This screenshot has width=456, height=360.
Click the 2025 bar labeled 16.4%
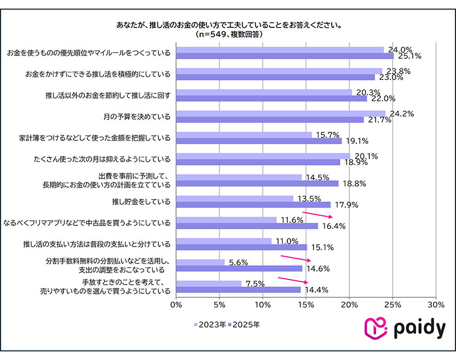point(247,226)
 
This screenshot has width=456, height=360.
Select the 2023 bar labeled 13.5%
point(235,199)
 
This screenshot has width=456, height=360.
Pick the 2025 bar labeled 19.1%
point(259,140)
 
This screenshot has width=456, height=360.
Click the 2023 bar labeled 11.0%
point(224,241)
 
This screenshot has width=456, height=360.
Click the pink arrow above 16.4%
point(317,215)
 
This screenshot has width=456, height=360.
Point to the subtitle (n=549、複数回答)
point(228,35)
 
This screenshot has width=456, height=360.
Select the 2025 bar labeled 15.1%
point(242,247)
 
